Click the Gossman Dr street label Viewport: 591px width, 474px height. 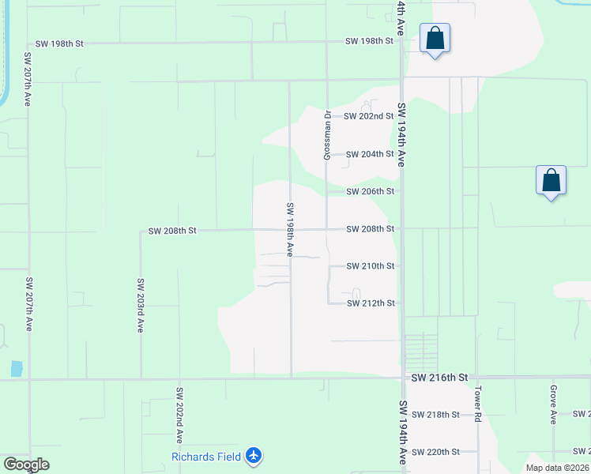pos(326,135)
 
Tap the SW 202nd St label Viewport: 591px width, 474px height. pos(370,116)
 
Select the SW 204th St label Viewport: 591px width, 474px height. pos(370,154)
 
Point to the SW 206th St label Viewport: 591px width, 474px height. pos(370,192)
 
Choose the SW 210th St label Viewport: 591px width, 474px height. pos(370,266)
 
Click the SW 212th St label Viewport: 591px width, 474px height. pos(370,303)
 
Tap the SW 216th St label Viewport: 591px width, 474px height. pos(440,379)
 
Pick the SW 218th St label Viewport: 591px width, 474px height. pos(435,415)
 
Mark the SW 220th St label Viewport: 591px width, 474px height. pos(435,452)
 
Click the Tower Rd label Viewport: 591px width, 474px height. pos(478,404)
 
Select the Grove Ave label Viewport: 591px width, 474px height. pos(554,404)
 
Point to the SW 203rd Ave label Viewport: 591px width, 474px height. pos(141,305)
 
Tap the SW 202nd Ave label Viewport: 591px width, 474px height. pos(179,414)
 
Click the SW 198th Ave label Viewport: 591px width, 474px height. pos(290,229)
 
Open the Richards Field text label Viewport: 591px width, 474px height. pos(206,457)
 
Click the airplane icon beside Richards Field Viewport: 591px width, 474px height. pos(253,456)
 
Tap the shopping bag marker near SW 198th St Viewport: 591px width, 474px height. pos(435,39)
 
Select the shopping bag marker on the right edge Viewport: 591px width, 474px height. pos(551,181)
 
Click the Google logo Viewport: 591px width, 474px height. pos(26,465)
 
